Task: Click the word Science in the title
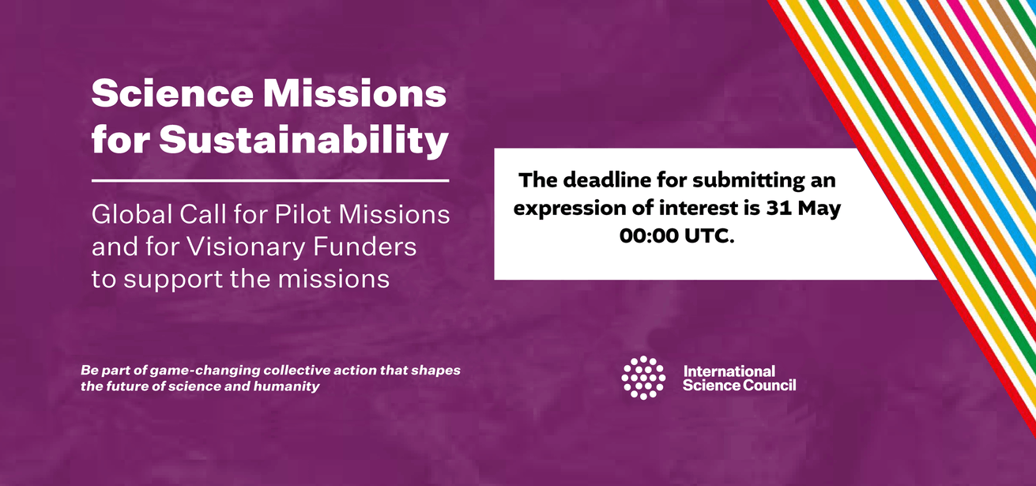click(x=172, y=93)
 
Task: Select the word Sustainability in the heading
click(x=304, y=140)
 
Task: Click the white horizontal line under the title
click(x=270, y=181)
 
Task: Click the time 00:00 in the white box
click(x=649, y=235)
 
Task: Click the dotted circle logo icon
click(x=643, y=378)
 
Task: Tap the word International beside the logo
click(x=729, y=371)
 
